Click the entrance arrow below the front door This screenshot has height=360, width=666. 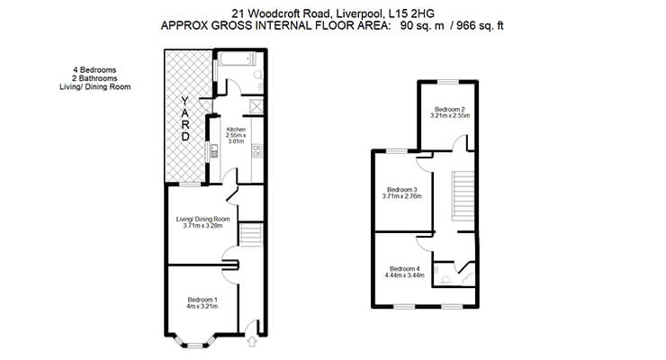click(x=252, y=341)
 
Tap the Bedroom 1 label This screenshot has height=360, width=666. click(x=202, y=300)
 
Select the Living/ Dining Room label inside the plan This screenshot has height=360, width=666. click(x=203, y=219)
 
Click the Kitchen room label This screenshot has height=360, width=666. click(x=236, y=130)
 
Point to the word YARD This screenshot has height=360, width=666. click(x=185, y=119)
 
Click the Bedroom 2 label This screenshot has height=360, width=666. click(x=450, y=109)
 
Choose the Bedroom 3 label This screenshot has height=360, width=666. click(x=401, y=189)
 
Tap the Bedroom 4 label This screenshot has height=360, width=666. click(x=405, y=269)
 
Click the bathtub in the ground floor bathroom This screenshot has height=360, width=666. click(x=236, y=59)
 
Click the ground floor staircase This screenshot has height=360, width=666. click(x=252, y=235)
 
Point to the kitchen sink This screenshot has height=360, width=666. click(x=214, y=150)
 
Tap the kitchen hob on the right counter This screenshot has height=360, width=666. click(x=256, y=150)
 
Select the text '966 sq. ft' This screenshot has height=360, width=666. click(x=480, y=25)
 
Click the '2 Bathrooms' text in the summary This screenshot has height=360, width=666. click(x=94, y=78)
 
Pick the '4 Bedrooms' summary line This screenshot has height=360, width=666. click(x=94, y=69)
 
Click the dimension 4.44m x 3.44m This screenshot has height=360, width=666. click(x=405, y=275)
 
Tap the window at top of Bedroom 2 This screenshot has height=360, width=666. click(x=448, y=82)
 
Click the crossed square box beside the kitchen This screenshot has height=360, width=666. click(x=256, y=106)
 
